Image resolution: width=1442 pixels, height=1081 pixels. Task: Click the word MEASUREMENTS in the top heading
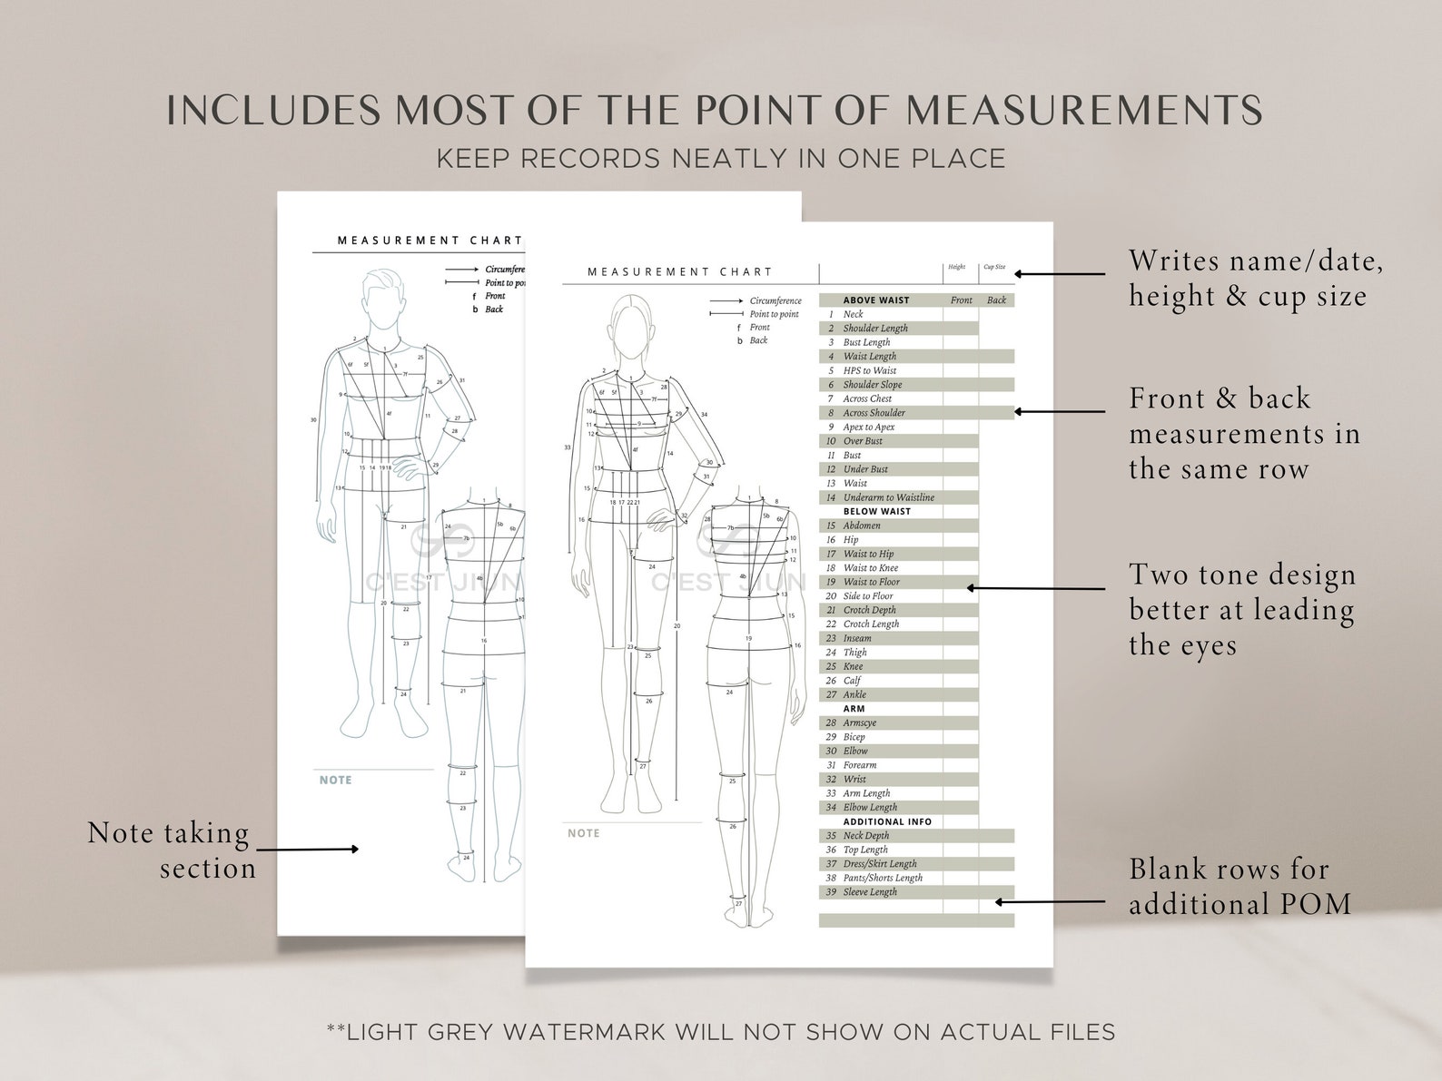click(1084, 110)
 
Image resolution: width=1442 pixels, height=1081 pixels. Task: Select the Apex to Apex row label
click(868, 427)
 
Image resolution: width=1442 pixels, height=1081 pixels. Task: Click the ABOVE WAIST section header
click(875, 300)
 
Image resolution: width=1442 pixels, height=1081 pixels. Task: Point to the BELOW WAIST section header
click(876, 512)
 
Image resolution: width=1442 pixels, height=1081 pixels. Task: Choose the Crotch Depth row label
click(869, 610)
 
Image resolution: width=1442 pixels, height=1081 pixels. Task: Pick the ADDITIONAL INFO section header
click(887, 821)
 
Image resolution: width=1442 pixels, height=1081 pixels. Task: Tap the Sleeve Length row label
click(870, 892)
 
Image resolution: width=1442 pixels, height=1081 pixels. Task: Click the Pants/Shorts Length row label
click(883, 878)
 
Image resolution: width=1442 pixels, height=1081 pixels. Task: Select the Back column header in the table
click(996, 300)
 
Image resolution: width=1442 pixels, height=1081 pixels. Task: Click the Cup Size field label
click(994, 268)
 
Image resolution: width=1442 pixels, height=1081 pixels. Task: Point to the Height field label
click(957, 268)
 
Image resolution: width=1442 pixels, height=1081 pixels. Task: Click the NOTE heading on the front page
click(583, 833)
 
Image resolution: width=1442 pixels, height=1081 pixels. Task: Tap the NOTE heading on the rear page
click(335, 780)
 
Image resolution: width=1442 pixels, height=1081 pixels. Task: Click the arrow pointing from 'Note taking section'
click(308, 850)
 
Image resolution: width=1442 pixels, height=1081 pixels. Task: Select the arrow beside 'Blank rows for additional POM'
click(1050, 902)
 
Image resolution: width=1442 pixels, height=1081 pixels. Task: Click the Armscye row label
click(859, 723)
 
